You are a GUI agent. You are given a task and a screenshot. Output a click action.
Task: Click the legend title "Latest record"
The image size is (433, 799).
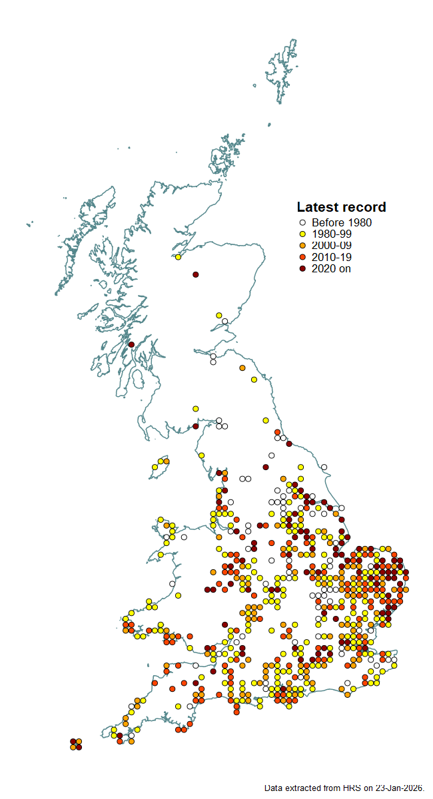point(341,207)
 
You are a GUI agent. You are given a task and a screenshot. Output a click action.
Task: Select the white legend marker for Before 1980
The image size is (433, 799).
point(302,223)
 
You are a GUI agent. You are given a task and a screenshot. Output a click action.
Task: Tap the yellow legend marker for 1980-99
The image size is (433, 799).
point(302,234)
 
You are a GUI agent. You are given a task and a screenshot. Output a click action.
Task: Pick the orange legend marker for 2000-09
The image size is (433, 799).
point(302,246)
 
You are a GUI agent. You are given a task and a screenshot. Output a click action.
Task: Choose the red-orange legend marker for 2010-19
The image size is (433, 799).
point(302,257)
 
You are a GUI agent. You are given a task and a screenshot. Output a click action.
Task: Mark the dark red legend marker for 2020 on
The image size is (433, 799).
point(302,268)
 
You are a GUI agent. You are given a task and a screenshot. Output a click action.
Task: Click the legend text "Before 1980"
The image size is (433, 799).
point(341,223)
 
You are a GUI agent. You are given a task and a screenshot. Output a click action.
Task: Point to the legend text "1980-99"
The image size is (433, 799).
point(331,234)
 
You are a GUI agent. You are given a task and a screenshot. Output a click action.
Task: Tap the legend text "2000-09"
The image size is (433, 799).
point(331,246)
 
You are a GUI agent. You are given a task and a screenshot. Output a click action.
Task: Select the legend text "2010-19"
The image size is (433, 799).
point(331,257)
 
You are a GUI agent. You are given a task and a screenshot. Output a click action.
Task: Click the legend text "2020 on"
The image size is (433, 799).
point(330,268)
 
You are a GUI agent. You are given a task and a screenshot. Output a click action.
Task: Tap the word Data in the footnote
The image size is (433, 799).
point(274,788)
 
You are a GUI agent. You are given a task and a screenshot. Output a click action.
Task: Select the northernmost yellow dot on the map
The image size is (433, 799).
point(178,257)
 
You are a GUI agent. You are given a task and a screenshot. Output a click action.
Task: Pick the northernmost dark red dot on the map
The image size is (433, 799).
point(196,274)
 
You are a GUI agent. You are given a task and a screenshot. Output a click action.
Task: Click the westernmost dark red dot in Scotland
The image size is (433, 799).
point(131,344)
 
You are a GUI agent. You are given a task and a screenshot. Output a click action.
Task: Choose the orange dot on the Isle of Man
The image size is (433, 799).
point(166,461)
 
